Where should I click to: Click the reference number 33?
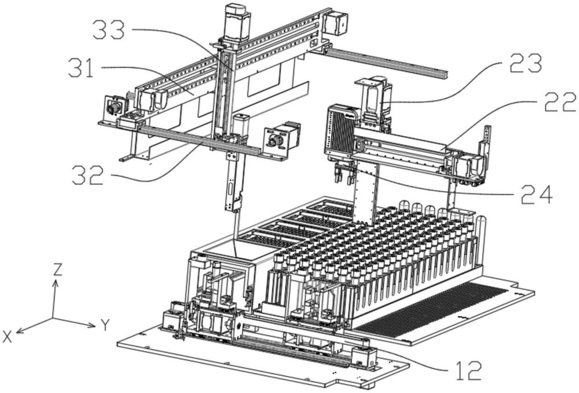click(109, 31)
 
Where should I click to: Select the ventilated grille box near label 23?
click(338, 130)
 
